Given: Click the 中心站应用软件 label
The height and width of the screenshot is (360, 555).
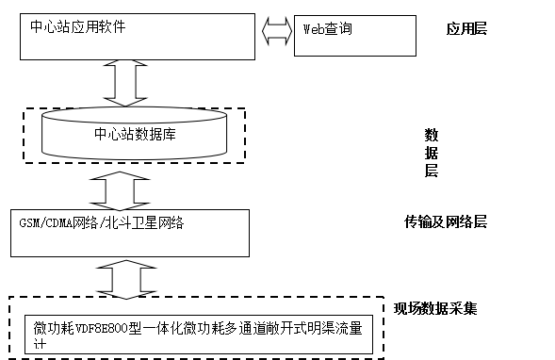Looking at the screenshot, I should pos(80,26).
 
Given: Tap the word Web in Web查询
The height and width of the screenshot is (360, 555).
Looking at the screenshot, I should pos(313,29).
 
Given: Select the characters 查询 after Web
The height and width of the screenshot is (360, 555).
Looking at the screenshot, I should pos(338,29).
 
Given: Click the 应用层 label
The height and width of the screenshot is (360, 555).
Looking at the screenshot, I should pos(467,29).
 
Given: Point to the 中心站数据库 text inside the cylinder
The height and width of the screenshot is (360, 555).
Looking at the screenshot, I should pos(136,134).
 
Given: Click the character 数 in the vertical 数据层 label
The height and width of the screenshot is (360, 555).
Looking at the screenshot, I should pos(431,133).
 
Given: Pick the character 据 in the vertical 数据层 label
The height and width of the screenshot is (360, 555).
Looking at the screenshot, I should pos(431,152).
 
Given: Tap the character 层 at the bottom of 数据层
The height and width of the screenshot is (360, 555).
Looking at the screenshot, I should pos(431,171).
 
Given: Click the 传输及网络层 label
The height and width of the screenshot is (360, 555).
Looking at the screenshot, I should pos(446,222).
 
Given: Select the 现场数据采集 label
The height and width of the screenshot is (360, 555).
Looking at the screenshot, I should pos(435,308).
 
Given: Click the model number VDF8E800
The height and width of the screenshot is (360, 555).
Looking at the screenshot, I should pos(104,329).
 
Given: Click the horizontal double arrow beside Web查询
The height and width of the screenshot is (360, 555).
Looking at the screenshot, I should pos(277,31).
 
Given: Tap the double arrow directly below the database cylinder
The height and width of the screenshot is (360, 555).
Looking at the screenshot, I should pos(126,192).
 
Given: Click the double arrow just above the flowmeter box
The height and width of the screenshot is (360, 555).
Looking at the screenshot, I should pos(126,278).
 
